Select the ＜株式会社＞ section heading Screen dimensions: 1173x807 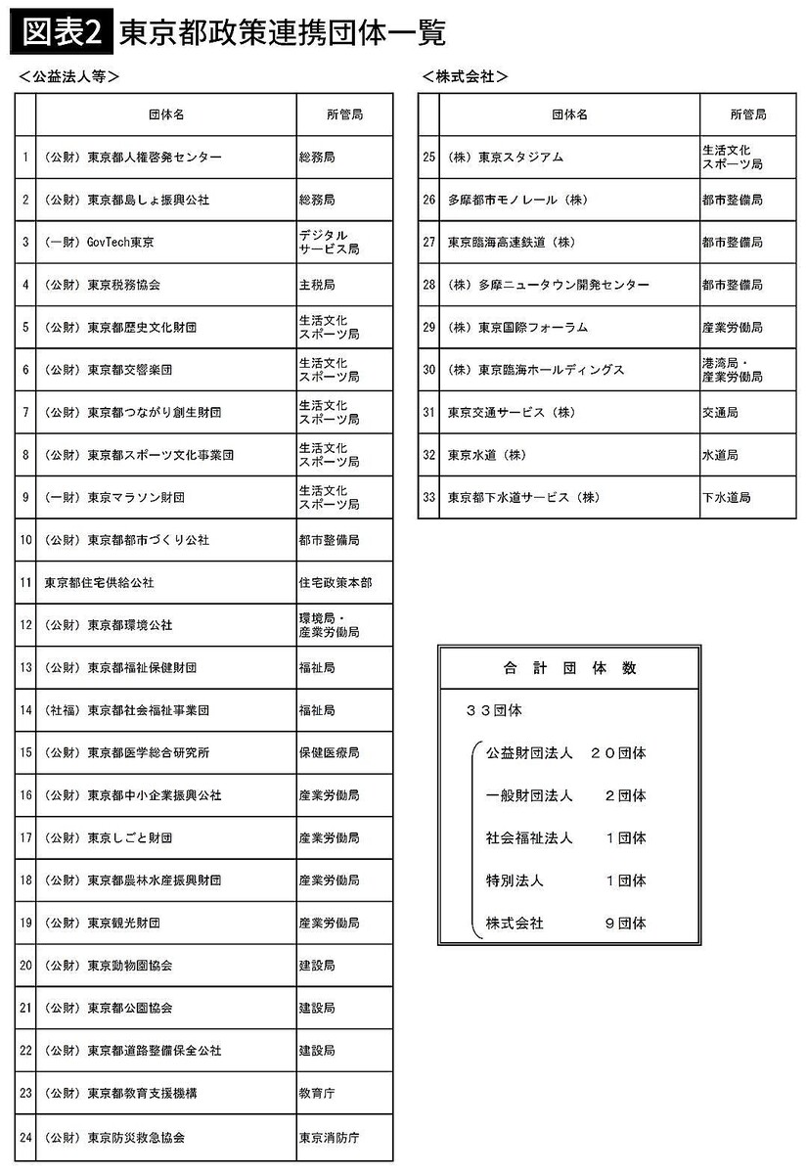(466, 77)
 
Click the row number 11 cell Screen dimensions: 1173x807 (25, 582)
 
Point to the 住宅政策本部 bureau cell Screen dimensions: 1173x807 (335, 582)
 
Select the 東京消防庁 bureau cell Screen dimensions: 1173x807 (329, 1138)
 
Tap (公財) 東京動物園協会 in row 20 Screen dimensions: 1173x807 (109, 965)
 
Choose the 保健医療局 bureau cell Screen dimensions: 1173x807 (329, 752)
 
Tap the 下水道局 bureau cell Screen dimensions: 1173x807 (726, 497)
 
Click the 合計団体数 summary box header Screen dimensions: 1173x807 (569, 668)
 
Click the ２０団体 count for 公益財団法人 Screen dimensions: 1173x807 (618, 753)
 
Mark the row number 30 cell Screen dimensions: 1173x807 (428, 370)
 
